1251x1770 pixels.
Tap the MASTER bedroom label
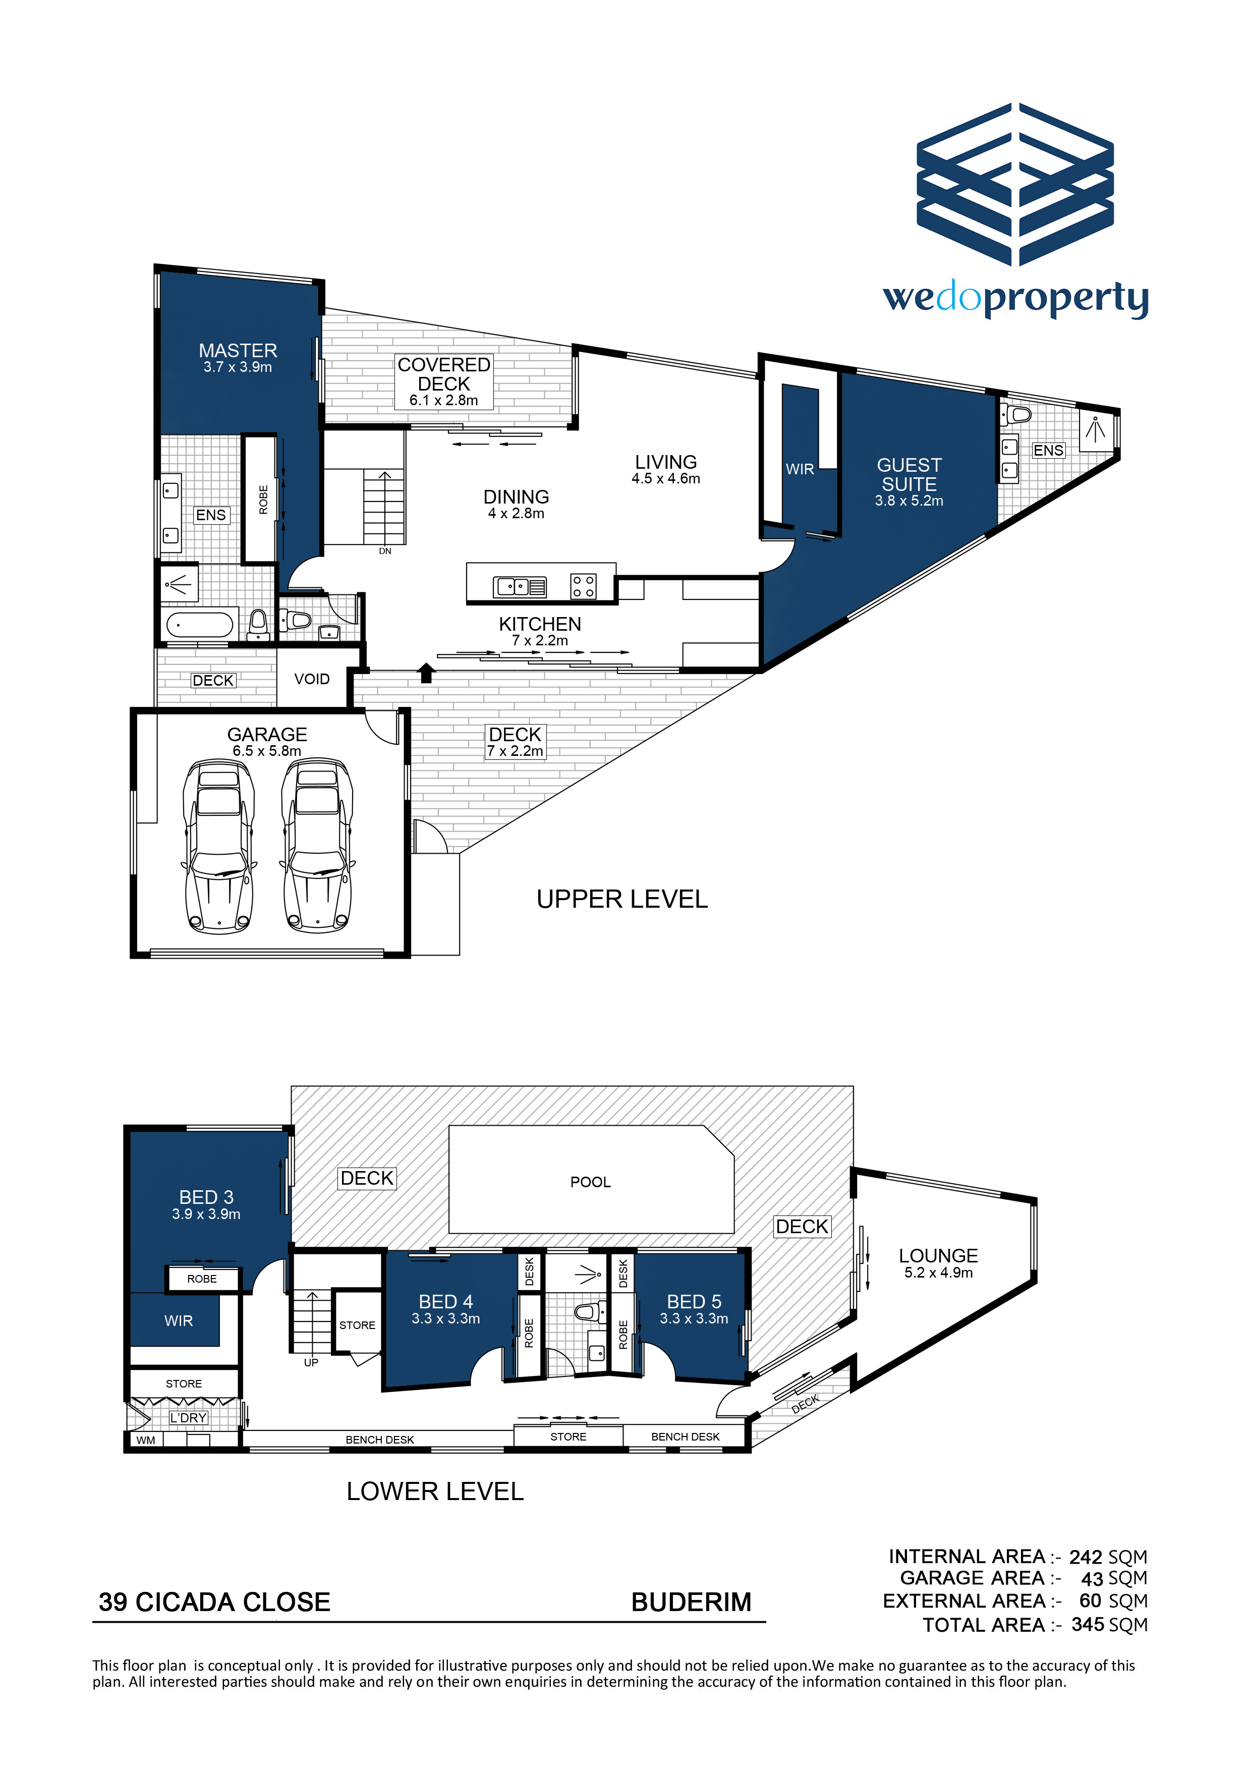point(238,351)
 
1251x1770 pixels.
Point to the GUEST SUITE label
point(909,475)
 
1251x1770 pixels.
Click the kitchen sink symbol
point(520,587)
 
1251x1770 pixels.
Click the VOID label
point(312,679)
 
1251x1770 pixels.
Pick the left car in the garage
point(219,846)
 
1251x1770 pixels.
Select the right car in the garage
point(317,846)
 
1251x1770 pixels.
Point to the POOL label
point(590,1182)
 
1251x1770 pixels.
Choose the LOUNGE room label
point(938,1256)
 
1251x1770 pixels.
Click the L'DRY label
point(188,1418)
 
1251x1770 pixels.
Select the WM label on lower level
point(146,1440)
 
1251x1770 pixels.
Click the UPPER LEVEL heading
point(622,899)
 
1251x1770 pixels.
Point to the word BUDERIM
point(692,1602)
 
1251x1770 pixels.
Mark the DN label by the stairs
point(385,551)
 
